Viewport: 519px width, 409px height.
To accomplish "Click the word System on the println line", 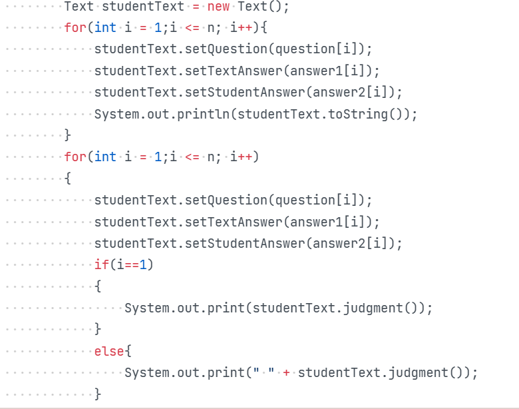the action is pyautogui.click(x=116, y=114).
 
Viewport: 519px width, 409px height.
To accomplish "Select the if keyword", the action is pyautogui.click(x=101, y=264).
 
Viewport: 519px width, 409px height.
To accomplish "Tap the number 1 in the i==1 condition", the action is pyautogui.click(x=142, y=264).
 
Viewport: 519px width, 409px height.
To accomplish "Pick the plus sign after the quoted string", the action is pyautogui.click(x=286, y=372).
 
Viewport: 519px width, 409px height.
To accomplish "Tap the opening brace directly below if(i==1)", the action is pyautogui.click(x=98, y=286).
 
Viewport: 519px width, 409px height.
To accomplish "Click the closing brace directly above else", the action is pyautogui.click(x=98, y=329).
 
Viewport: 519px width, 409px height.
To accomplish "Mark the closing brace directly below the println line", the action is pyautogui.click(x=67, y=136).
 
